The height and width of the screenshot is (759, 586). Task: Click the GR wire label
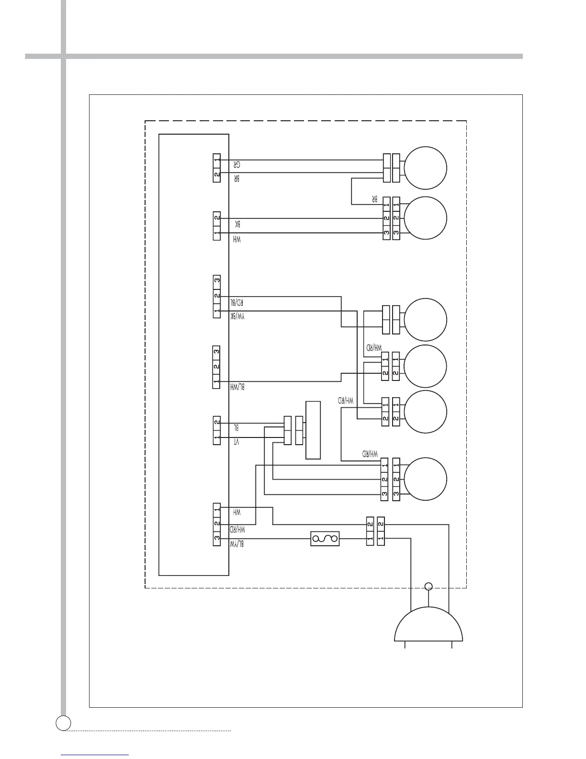(x=237, y=164)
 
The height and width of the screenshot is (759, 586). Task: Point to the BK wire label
(x=237, y=224)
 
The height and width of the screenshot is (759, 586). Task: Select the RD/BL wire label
(x=237, y=302)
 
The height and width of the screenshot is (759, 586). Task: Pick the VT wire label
(x=236, y=442)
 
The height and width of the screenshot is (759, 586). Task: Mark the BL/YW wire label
(x=237, y=544)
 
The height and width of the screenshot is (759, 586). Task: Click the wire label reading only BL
(x=236, y=427)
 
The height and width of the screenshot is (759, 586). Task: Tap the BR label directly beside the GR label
(x=237, y=178)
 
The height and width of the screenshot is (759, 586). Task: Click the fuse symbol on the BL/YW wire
(x=325, y=539)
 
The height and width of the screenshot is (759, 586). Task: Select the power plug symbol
(x=428, y=625)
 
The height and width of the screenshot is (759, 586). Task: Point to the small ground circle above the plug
(x=429, y=586)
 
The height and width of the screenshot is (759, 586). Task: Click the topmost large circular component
(x=426, y=168)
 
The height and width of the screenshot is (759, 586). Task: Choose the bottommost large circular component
(x=426, y=479)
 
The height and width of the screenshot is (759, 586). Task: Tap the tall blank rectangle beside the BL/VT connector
(x=313, y=430)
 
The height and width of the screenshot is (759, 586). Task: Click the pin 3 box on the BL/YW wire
(x=217, y=538)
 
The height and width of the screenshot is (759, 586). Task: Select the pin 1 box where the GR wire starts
(x=217, y=160)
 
